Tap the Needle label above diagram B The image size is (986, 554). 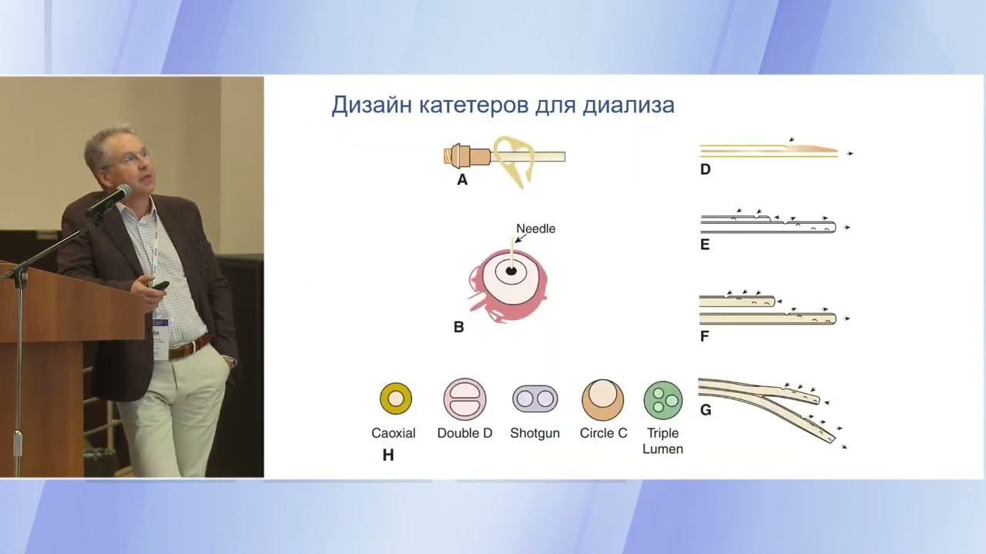pos(535,229)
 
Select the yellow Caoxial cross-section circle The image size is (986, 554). pos(396,399)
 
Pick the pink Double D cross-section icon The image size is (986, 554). pos(464,399)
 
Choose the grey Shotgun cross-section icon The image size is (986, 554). pos(535,399)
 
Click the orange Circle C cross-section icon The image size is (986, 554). pos(602,399)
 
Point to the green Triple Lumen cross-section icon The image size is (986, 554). pos(662,399)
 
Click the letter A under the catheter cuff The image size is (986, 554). pos(462,180)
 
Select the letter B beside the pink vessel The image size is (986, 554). pos(458,327)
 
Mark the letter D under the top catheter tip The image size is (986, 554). pos(705,169)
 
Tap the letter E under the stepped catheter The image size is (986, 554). pos(705,245)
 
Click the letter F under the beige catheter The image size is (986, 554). pos(705,336)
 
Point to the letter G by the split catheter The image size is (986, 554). pos(706,410)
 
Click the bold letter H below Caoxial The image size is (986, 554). pos(388,456)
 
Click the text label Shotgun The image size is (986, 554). pos(535,433)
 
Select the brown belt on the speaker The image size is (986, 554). pos(189,347)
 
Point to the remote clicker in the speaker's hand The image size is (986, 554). pos(160,285)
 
